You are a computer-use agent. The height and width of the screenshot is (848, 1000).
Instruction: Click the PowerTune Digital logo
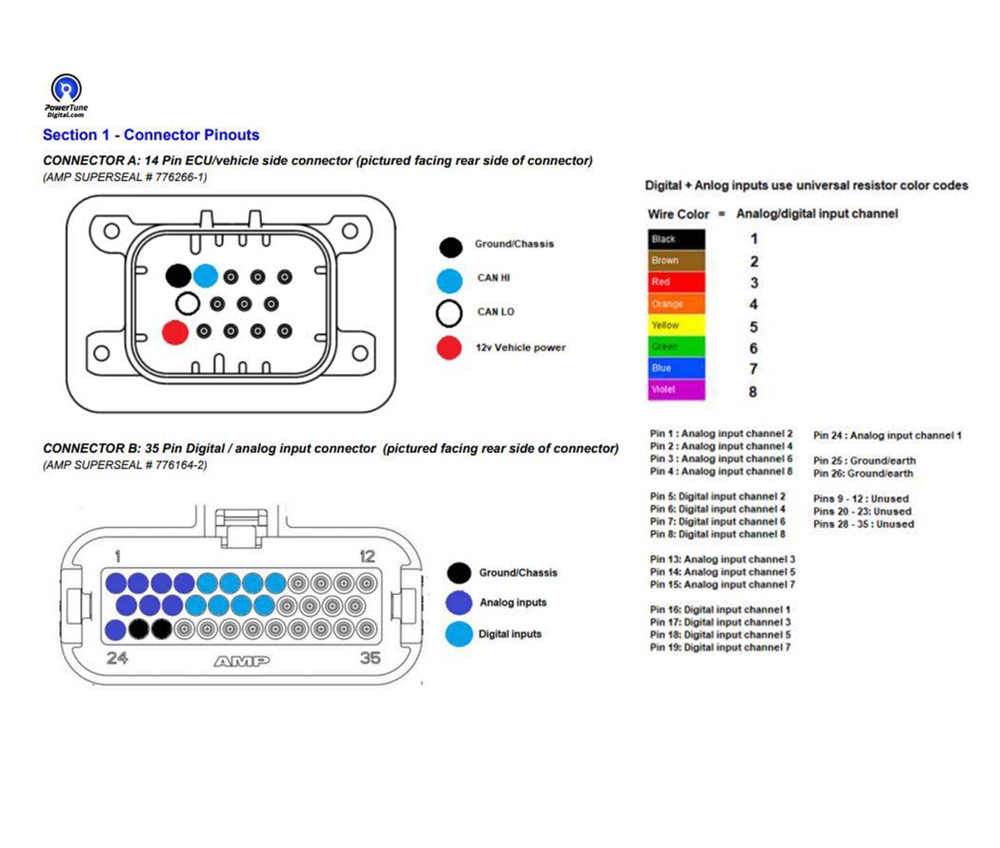[x=66, y=95]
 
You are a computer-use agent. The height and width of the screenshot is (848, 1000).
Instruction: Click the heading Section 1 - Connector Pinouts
[x=150, y=135]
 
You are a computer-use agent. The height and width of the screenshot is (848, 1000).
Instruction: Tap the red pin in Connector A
[x=175, y=332]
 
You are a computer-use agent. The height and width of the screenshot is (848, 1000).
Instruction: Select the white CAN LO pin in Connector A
[x=187, y=303]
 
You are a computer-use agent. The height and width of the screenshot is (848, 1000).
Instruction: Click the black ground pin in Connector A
[x=177, y=275]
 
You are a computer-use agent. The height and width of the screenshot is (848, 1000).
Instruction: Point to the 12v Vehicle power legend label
[x=520, y=347]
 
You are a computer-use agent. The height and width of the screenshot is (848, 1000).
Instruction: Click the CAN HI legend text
[x=493, y=278]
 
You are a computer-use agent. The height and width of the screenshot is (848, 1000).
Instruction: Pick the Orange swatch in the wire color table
[x=676, y=303]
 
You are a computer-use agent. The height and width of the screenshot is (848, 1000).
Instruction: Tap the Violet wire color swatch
[x=676, y=389]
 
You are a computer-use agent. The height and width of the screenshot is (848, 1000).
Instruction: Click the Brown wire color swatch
[x=676, y=260]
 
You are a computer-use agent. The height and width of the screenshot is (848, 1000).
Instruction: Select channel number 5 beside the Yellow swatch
[x=753, y=327]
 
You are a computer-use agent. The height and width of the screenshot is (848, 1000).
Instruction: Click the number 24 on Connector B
[x=117, y=657]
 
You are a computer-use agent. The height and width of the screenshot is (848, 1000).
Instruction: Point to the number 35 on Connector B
[x=370, y=657]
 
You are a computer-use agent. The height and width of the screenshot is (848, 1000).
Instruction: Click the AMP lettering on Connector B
[x=242, y=661]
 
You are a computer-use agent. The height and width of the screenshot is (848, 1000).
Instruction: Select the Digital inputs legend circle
[x=458, y=634]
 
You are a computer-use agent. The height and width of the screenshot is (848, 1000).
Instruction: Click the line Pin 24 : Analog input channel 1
[x=887, y=435]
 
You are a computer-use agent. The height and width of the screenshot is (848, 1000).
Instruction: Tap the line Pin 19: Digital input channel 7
[x=720, y=647]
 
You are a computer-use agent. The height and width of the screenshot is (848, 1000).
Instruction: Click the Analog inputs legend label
[x=512, y=602]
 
